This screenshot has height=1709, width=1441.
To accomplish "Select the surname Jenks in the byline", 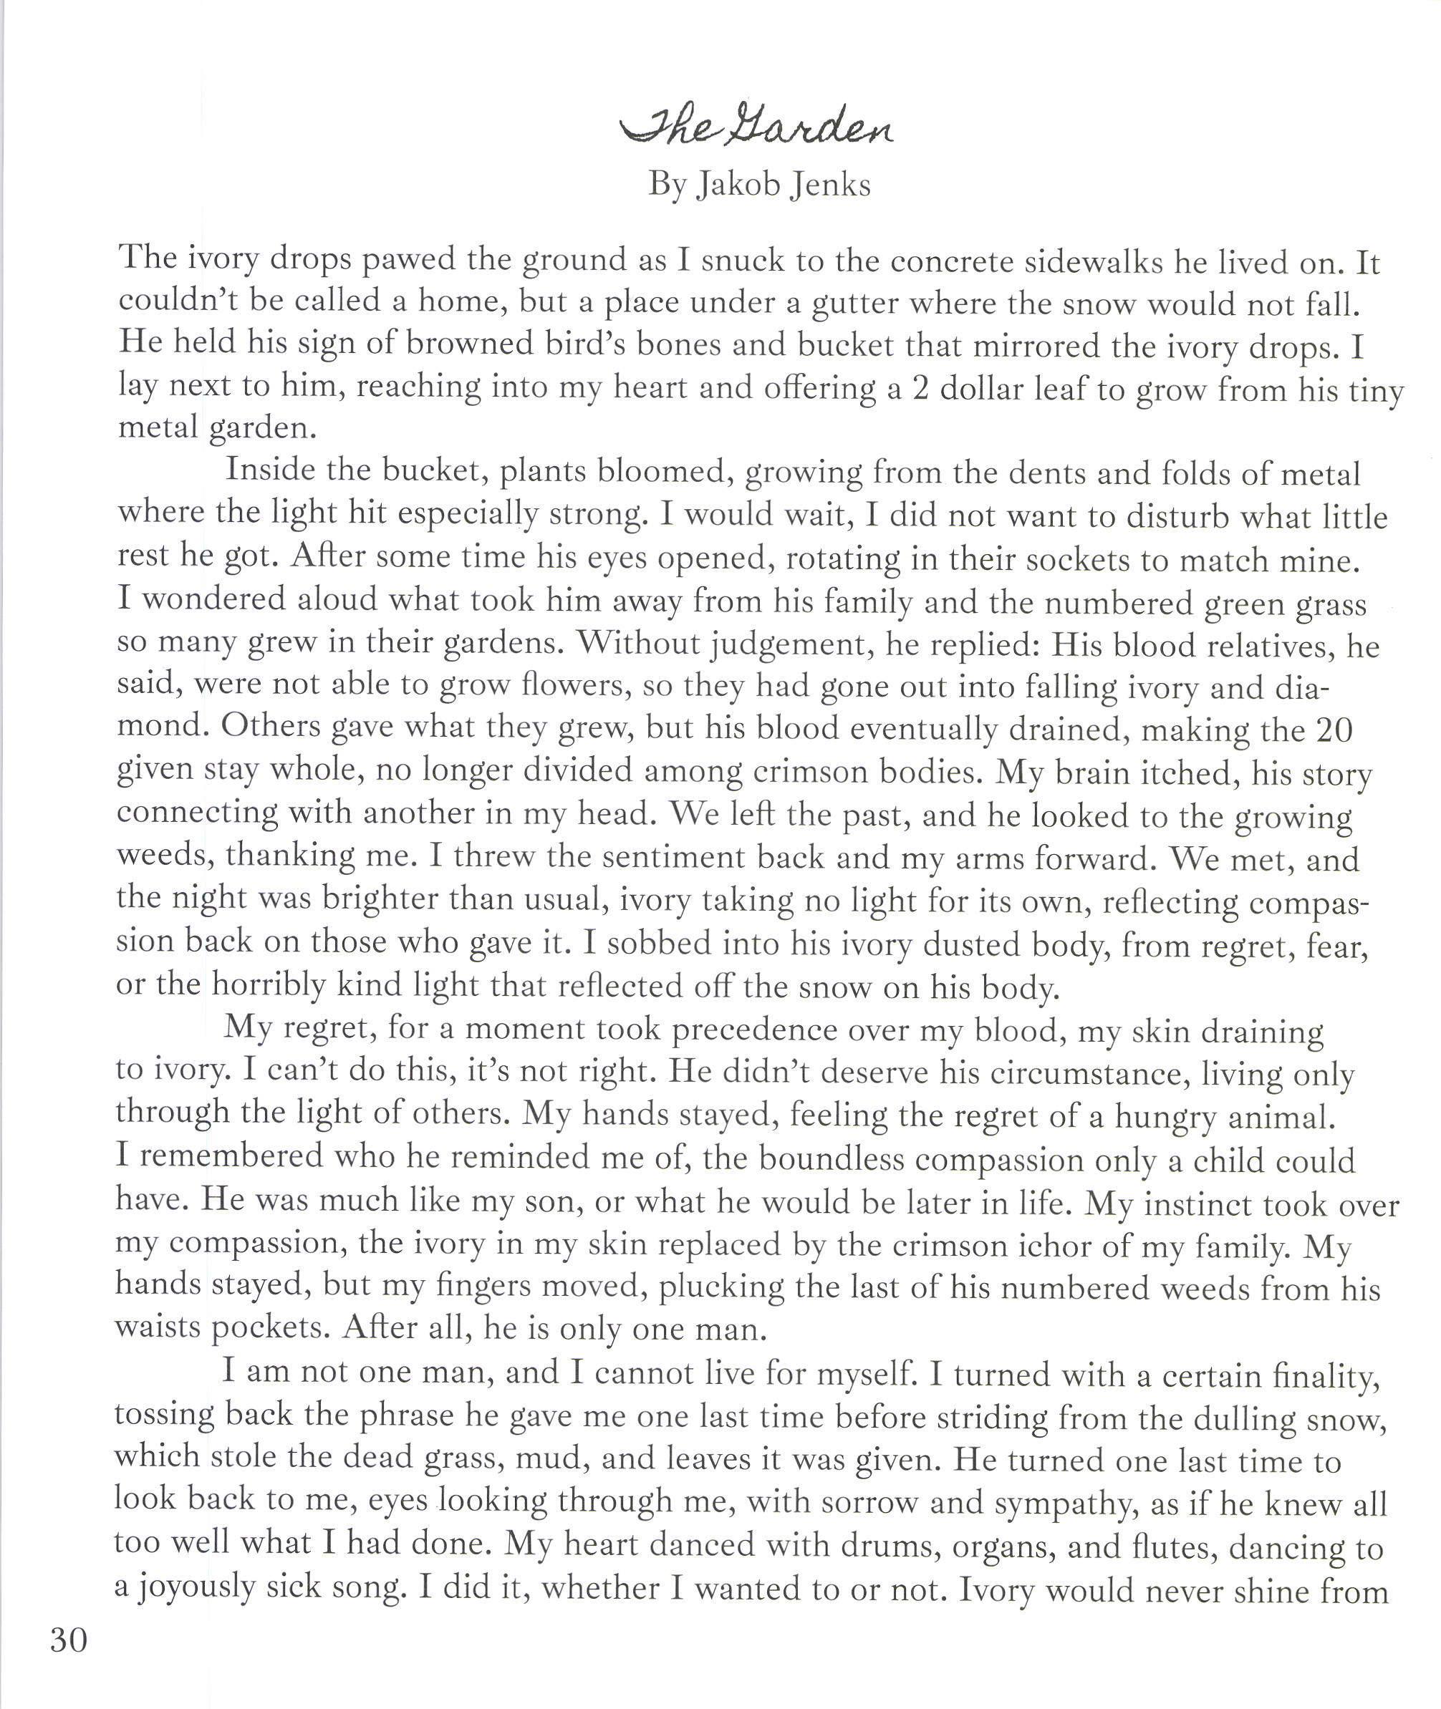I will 830,185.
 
